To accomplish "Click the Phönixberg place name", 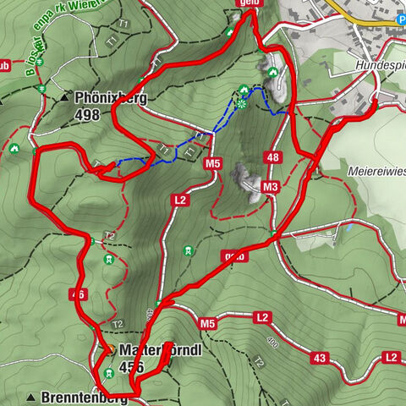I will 110,97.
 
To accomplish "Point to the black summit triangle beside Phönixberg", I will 64,98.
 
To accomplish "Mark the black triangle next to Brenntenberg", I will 31,397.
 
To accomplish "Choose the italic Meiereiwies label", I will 376,169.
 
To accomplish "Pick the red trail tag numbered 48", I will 272,157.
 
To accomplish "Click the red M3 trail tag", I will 271,186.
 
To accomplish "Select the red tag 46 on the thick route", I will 78,294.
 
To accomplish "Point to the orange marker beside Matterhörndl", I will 108,349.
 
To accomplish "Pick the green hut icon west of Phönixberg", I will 14,150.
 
